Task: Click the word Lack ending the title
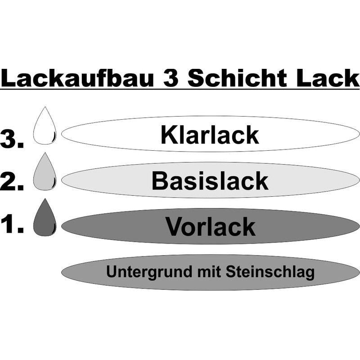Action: (x=325, y=78)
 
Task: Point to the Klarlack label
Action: (x=210, y=135)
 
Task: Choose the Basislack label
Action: (x=210, y=181)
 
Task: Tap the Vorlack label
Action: (x=210, y=226)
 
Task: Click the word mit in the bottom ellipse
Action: (x=206, y=272)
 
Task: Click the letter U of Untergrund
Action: (x=111, y=272)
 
